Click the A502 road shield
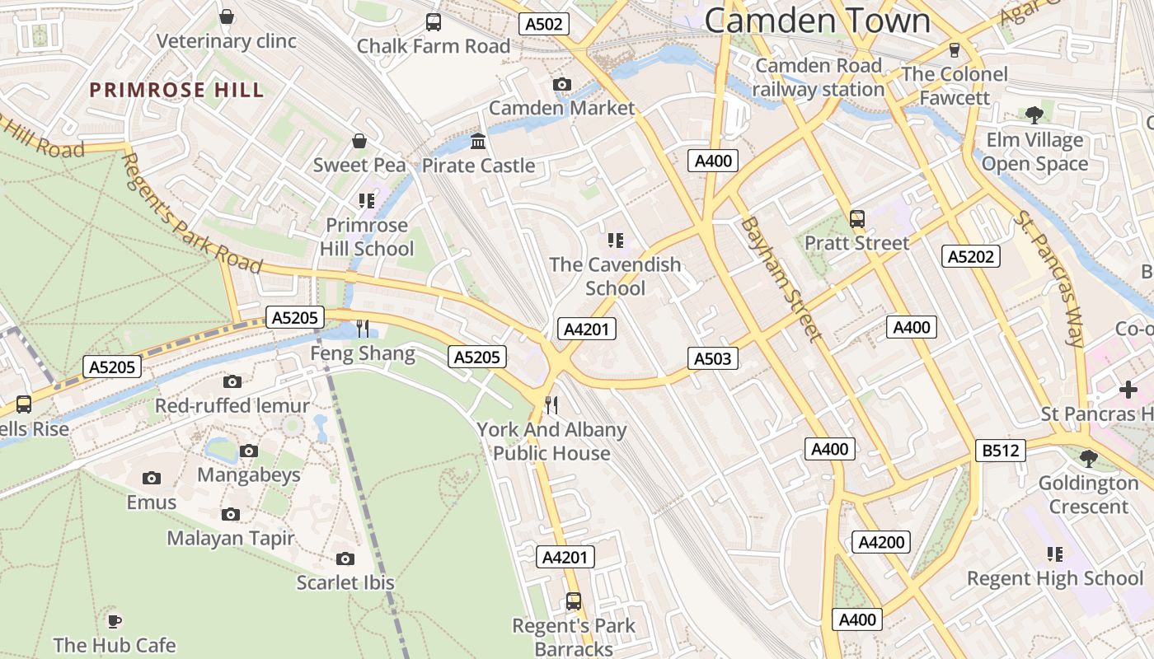tap(545, 25)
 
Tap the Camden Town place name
tap(817, 21)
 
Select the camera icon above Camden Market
tap(562, 84)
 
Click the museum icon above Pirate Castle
tap(478, 142)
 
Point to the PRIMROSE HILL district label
tap(176, 91)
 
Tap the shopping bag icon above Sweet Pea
tap(359, 141)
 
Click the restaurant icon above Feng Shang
tap(363, 329)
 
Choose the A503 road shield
tap(712, 358)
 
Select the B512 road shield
tap(1001, 451)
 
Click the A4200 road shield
tap(882, 542)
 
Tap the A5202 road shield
tap(970, 257)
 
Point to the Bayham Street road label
tap(780, 278)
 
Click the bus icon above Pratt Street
tap(857, 219)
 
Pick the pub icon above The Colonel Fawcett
tap(955, 49)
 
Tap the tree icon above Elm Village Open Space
tap(1034, 115)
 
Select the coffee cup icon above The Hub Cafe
tap(115, 620)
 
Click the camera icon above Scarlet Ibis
tap(345, 559)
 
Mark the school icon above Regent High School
tap(1055, 554)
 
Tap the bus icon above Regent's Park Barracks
tap(574, 601)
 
